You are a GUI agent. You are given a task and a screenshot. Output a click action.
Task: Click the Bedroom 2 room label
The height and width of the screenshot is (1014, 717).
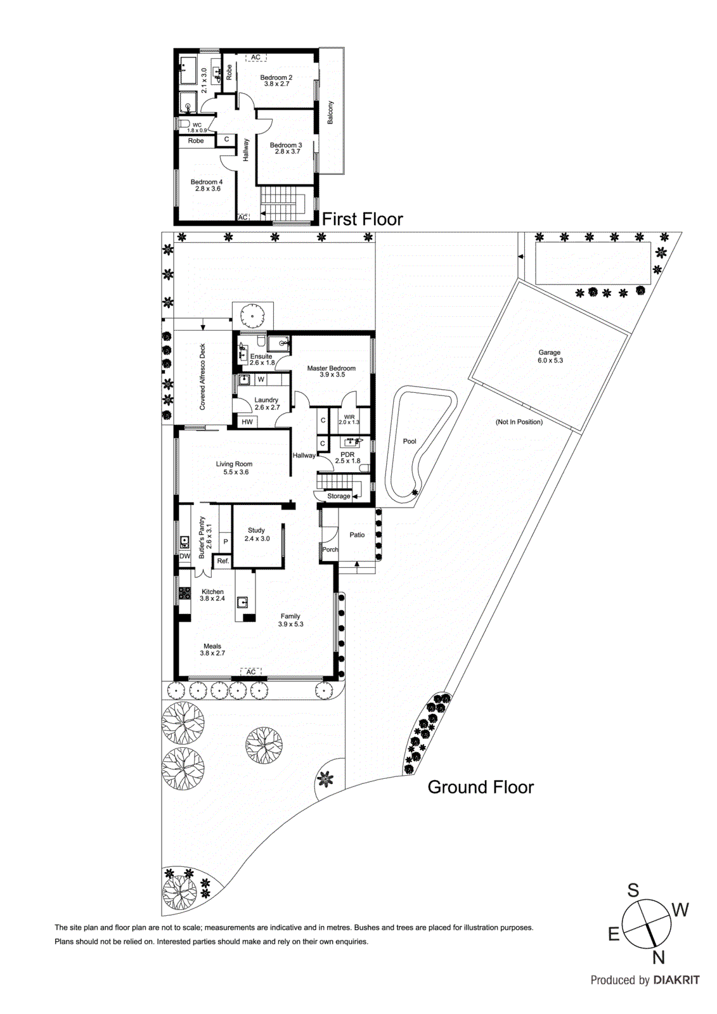click(x=276, y=78)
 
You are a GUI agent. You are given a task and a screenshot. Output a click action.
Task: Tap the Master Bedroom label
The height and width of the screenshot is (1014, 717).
click(x=331, y=368)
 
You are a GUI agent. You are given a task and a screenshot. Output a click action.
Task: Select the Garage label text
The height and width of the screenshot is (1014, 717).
click(x=550, y=353)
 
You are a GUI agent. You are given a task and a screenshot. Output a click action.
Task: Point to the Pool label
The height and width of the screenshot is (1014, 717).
click(x=410, y=441)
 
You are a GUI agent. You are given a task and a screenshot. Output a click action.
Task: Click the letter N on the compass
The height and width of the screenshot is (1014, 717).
click(x=659, y=957)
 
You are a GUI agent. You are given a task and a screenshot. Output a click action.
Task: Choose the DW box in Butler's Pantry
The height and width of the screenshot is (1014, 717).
click(x=184, y=556)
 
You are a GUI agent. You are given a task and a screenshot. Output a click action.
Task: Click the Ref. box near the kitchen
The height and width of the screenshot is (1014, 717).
click(x=223, y=562)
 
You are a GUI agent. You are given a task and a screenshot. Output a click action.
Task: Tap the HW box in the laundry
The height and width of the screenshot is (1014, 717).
click(x=247, y=422)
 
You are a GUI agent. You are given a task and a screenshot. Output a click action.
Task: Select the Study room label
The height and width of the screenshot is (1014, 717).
click(x=256, y=530)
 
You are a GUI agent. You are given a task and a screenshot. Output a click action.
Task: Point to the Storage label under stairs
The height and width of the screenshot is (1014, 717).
click(x=339, y=496)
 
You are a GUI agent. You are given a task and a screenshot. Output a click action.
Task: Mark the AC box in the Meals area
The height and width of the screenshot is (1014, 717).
click(x=251, y=672)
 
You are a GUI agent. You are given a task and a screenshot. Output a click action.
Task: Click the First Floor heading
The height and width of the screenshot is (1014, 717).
click(x=362, y=219)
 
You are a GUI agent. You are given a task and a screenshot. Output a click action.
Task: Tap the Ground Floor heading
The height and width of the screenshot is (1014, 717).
click(x=481, y=787)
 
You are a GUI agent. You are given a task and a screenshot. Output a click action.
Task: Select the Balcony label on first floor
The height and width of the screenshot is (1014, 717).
click(x=330, y=112)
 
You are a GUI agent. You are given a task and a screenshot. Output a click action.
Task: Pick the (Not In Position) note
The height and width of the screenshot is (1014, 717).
click(x=519, y=422)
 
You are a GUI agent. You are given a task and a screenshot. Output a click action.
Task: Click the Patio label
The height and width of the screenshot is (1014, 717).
click(x=357, y=535)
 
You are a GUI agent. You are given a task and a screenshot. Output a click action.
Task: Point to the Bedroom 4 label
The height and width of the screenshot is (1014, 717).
click(x=207, y=183)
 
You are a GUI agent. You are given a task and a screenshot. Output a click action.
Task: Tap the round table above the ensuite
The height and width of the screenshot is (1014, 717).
click(x=252, y=315)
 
